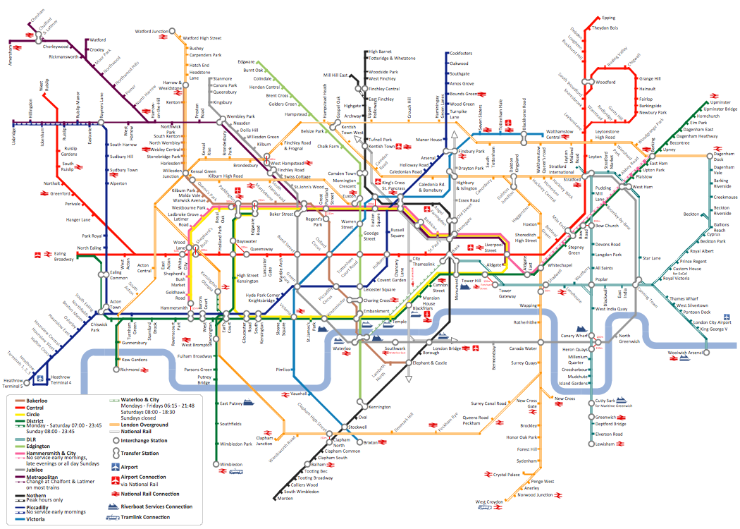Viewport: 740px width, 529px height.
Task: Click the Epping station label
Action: pos(609,18)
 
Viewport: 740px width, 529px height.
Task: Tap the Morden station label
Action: pos(285,498)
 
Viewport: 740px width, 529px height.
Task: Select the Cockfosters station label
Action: pos(461,54)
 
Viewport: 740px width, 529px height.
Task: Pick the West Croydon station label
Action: pos(490,502)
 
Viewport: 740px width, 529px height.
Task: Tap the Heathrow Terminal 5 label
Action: pos(13,383)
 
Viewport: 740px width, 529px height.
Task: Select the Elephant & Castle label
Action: pos(430,363)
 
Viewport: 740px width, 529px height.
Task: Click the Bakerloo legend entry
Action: pos(40,400)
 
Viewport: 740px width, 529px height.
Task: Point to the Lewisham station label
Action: pos(605,444)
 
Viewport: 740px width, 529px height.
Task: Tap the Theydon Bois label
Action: pos(605,28)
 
